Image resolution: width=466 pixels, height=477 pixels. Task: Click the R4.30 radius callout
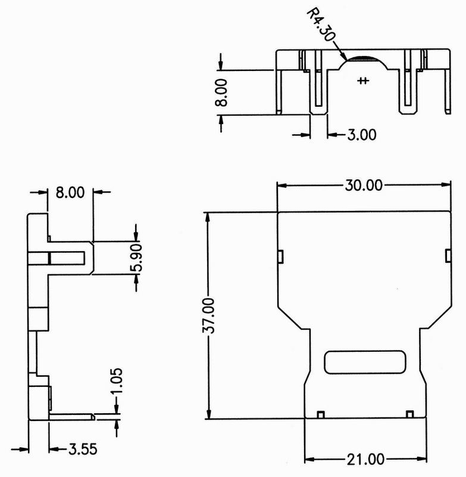[x=321, y=25]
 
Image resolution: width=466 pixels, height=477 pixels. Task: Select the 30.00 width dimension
[x=364, y=185]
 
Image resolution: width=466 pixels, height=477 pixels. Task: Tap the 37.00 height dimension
[x=208, y=315]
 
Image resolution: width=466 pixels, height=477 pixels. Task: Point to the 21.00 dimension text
[x=365, y=459]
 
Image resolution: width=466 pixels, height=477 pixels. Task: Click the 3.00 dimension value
[x=362, y=135]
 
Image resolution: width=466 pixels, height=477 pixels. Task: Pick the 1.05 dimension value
[x=117, y=381]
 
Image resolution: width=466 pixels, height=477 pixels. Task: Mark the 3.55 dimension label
[x=83, y=449]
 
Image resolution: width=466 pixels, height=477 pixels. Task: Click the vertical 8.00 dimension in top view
[x=221, y=92]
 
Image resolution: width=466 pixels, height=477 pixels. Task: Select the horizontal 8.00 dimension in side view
[x=70, y=193]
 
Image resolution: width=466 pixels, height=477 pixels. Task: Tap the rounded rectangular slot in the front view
[x=365, y=362]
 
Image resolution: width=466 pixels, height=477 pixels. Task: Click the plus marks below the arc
[x=363, y=80]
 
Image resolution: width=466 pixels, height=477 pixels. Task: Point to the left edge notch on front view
[x=281, y=256]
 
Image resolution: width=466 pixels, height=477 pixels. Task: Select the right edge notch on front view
[x=448, y=256]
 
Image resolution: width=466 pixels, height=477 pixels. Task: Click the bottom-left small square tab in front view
[x=321, y=414]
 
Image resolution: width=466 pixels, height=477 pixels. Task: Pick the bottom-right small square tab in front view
[x=410, y=414]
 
